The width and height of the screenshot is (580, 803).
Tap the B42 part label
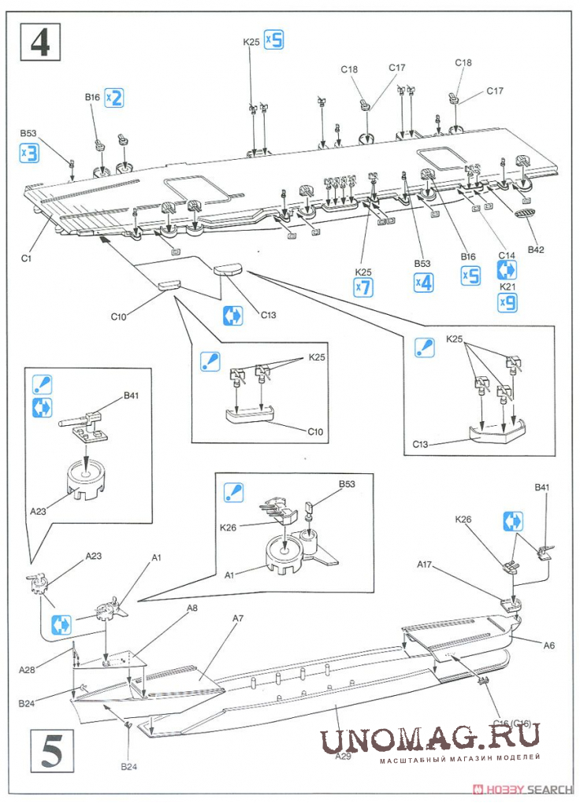537,250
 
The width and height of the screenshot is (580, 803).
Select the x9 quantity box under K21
507,303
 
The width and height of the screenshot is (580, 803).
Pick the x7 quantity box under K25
362,288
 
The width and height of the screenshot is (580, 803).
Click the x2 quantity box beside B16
114,98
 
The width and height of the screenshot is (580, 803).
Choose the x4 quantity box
423,282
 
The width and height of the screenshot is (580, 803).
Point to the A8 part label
191,609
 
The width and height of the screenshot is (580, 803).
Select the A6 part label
548,645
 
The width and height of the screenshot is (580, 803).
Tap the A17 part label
426,564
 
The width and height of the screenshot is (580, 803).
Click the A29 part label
343,756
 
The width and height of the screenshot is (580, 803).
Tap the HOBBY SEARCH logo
527,789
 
